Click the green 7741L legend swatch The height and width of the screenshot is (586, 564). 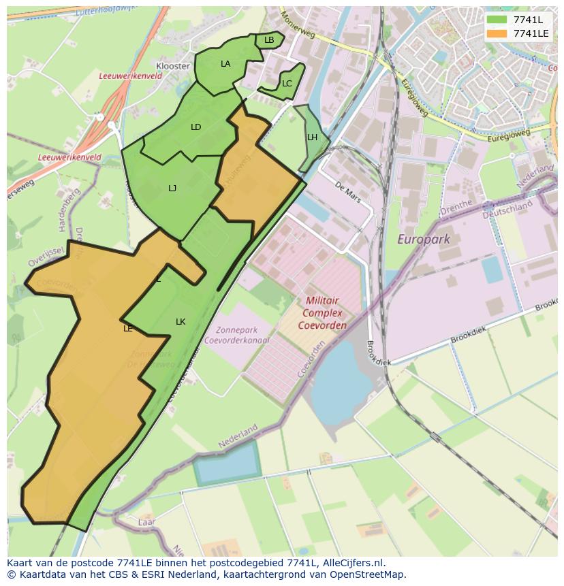pyautogui.click(x=497, y=20)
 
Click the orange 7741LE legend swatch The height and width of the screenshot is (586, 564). pyautogui.click(x=497, y=33)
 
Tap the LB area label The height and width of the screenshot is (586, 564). pyautogui.click(x=269, y=40)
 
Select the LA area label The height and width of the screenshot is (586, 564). pyautogui.click(x=225, y=64)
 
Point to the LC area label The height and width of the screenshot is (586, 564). pyautogui.click(x=287, y=84)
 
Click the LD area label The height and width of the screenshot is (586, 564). pyautogui.click(x=196, y=127)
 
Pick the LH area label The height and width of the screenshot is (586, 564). pyautogui.click(x=312, y=137)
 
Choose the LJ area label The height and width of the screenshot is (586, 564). pyautogui.click(x=172, y=189)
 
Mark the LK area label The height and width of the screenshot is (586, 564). pyautogui.click(x=181, y=322)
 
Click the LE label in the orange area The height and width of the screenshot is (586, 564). pyautogui.click(x=128, y=329)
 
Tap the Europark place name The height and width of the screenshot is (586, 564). pyautogui.click(x=423, y=239)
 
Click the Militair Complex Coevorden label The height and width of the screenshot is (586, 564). pyautogui.click(x=322, y=312)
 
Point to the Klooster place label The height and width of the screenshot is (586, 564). pyautogui.click(x=173, y=66)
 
